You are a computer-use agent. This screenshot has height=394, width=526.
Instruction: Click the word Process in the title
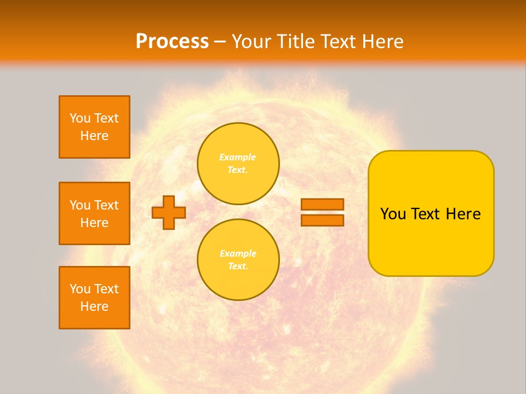172,42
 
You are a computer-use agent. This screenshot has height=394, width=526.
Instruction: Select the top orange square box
94,127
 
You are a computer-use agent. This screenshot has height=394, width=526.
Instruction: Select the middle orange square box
94,213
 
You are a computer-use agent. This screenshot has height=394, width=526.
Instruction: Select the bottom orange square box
94,298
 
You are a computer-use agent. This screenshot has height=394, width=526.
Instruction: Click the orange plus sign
169,212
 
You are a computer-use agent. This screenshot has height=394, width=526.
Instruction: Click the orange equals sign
322,212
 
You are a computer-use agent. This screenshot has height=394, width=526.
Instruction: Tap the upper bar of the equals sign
322,205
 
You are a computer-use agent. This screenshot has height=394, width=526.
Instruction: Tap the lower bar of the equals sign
322,220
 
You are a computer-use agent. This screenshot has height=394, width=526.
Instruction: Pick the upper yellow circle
238,164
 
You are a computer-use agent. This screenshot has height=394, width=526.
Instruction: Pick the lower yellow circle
238,260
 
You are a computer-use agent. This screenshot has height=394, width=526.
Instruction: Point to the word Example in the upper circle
238,158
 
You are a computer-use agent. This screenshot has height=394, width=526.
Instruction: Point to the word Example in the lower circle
238,254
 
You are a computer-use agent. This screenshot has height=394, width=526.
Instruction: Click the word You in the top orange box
80,119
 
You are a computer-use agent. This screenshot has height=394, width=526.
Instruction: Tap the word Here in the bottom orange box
94,306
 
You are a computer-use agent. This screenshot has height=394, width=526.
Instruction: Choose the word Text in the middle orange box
106,205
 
